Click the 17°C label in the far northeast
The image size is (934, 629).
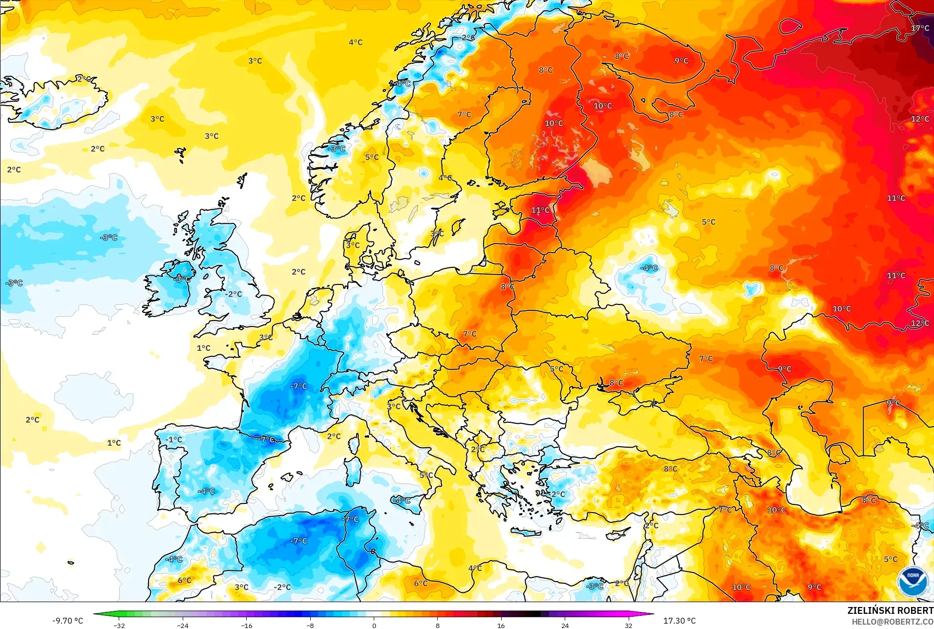pyautogui.click(x=920, y=28)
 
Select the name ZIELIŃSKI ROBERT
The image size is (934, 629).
pyautogui.click(x=890, y=610)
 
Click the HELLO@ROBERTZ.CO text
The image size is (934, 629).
pyautogui.click(x=892, y=622)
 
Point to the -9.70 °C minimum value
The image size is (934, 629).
pyautogui.click(x=68, y=621)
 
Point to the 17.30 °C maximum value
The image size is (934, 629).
pyautogui.click(x=679, y=621)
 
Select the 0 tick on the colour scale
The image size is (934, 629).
pyautogui.click(x=374, y=625)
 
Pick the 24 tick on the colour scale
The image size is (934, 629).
pyautogui.click(x=565, y=625)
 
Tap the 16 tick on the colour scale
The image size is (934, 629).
pyautogui.click(x=501, y=625)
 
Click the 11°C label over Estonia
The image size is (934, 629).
pyautogui.click(x=540, y=210)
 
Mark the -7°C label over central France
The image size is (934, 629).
pyautogui.click(x=298, y=386)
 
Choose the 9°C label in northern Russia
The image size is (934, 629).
pyautogui.click(x=681, y=61)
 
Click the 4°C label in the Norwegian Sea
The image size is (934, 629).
pyautogui.click(x=356, y=43)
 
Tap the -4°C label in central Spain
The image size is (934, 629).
pyautogui.click(x=206, y=491)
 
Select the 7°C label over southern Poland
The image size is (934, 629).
pyautogui.click(x=469, y=334)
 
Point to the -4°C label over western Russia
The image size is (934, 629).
pyautogui.click(x=649, y=268)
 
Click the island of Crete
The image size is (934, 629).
pyautogui.click(x=526, y=532)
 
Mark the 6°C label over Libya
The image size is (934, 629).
pyautogui.click(x=421, y=583)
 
